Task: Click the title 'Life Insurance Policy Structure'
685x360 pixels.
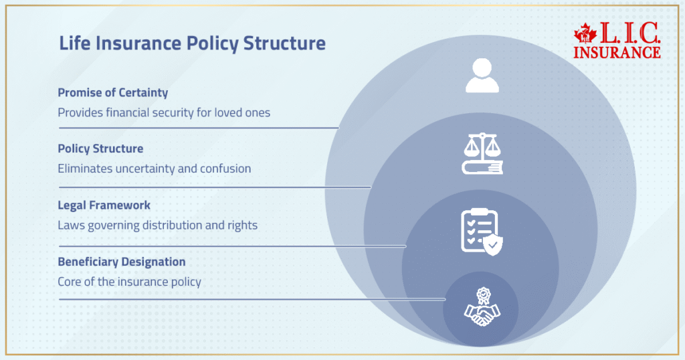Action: pos(192,44)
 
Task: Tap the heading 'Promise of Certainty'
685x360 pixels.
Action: pos(112,92)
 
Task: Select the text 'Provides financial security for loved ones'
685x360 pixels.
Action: pos(164,112)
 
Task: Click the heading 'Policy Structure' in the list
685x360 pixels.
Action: pos(100,149)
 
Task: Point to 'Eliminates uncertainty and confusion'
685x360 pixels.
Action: pos(154,169)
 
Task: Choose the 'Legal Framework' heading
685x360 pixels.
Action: pos(104,205)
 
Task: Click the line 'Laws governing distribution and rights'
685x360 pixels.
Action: pos(157,226)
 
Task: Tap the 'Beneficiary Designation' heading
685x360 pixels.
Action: pos(121,262)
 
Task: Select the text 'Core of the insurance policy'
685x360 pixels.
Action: pos(129,282)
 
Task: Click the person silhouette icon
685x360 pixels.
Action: pos(482,75)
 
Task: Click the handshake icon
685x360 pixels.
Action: pos(482,314)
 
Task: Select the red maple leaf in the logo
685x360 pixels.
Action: pos(585,35)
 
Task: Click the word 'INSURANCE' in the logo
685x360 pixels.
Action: pos(617,52)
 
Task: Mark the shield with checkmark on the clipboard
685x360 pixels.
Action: pos(493,245)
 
